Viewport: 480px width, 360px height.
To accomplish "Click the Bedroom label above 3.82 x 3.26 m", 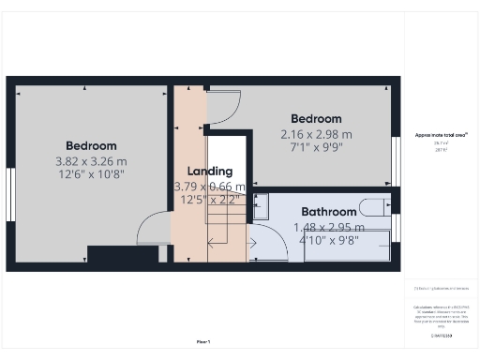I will [91, 145].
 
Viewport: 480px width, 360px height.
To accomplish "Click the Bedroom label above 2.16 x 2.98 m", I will [316, 119].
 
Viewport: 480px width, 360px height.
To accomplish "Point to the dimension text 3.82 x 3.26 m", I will [91, 161].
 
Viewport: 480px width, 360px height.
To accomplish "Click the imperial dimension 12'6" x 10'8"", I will [91, 175].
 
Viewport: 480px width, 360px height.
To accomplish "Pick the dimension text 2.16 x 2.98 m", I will [316, 134].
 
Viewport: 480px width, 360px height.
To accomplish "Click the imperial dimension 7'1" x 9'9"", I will [316, 148].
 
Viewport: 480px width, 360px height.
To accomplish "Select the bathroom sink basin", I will [261, 206].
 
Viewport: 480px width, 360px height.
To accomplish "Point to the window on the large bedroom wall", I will [10, 195].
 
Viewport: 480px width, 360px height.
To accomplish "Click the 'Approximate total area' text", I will [442, 135].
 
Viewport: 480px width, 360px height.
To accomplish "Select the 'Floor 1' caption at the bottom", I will [202, 342].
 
